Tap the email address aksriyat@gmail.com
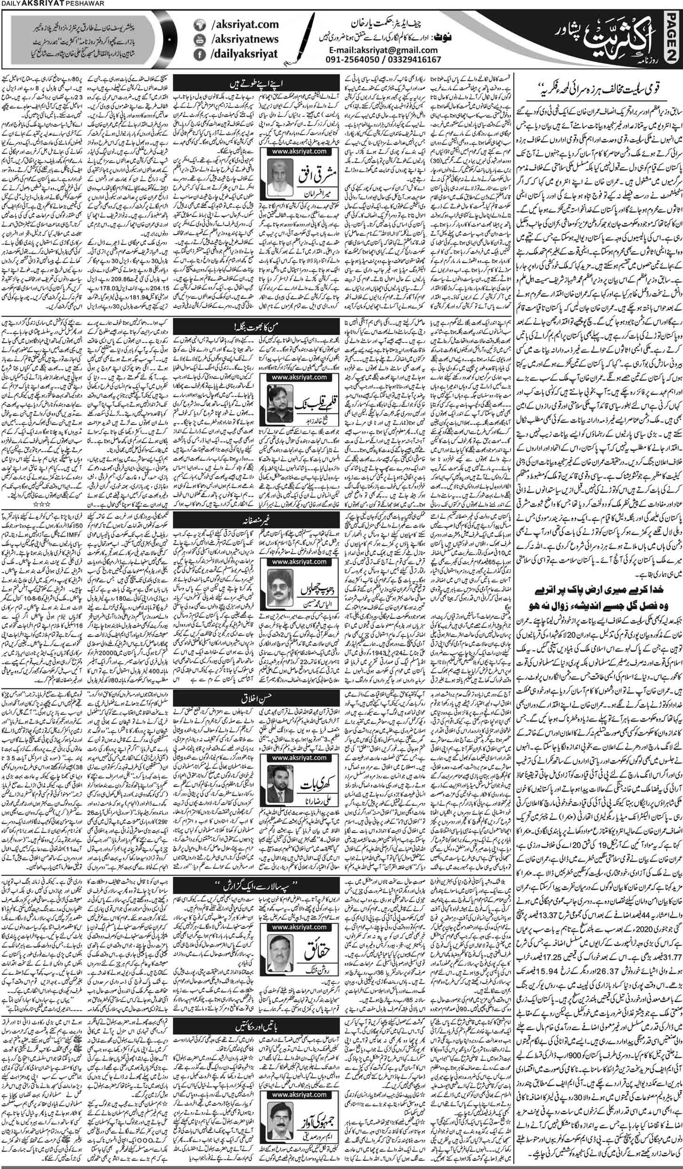click(x=382, y=50)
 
